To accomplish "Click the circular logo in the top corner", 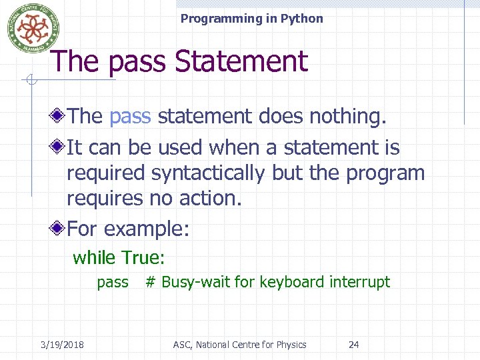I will (29, 28).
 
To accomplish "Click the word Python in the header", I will (301, 19).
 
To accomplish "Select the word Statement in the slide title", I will (241, 62).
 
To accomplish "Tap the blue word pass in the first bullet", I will (130, 116).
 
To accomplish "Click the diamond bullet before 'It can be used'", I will (59, 146).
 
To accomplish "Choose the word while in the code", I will (94, 257).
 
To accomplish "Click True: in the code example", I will (143, 257).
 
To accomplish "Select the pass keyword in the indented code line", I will (113, 282).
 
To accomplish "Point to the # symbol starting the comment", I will (150, 282).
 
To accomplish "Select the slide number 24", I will (354, 345).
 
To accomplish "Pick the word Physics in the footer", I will (289, 345).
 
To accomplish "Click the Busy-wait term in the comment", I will (196, 282).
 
